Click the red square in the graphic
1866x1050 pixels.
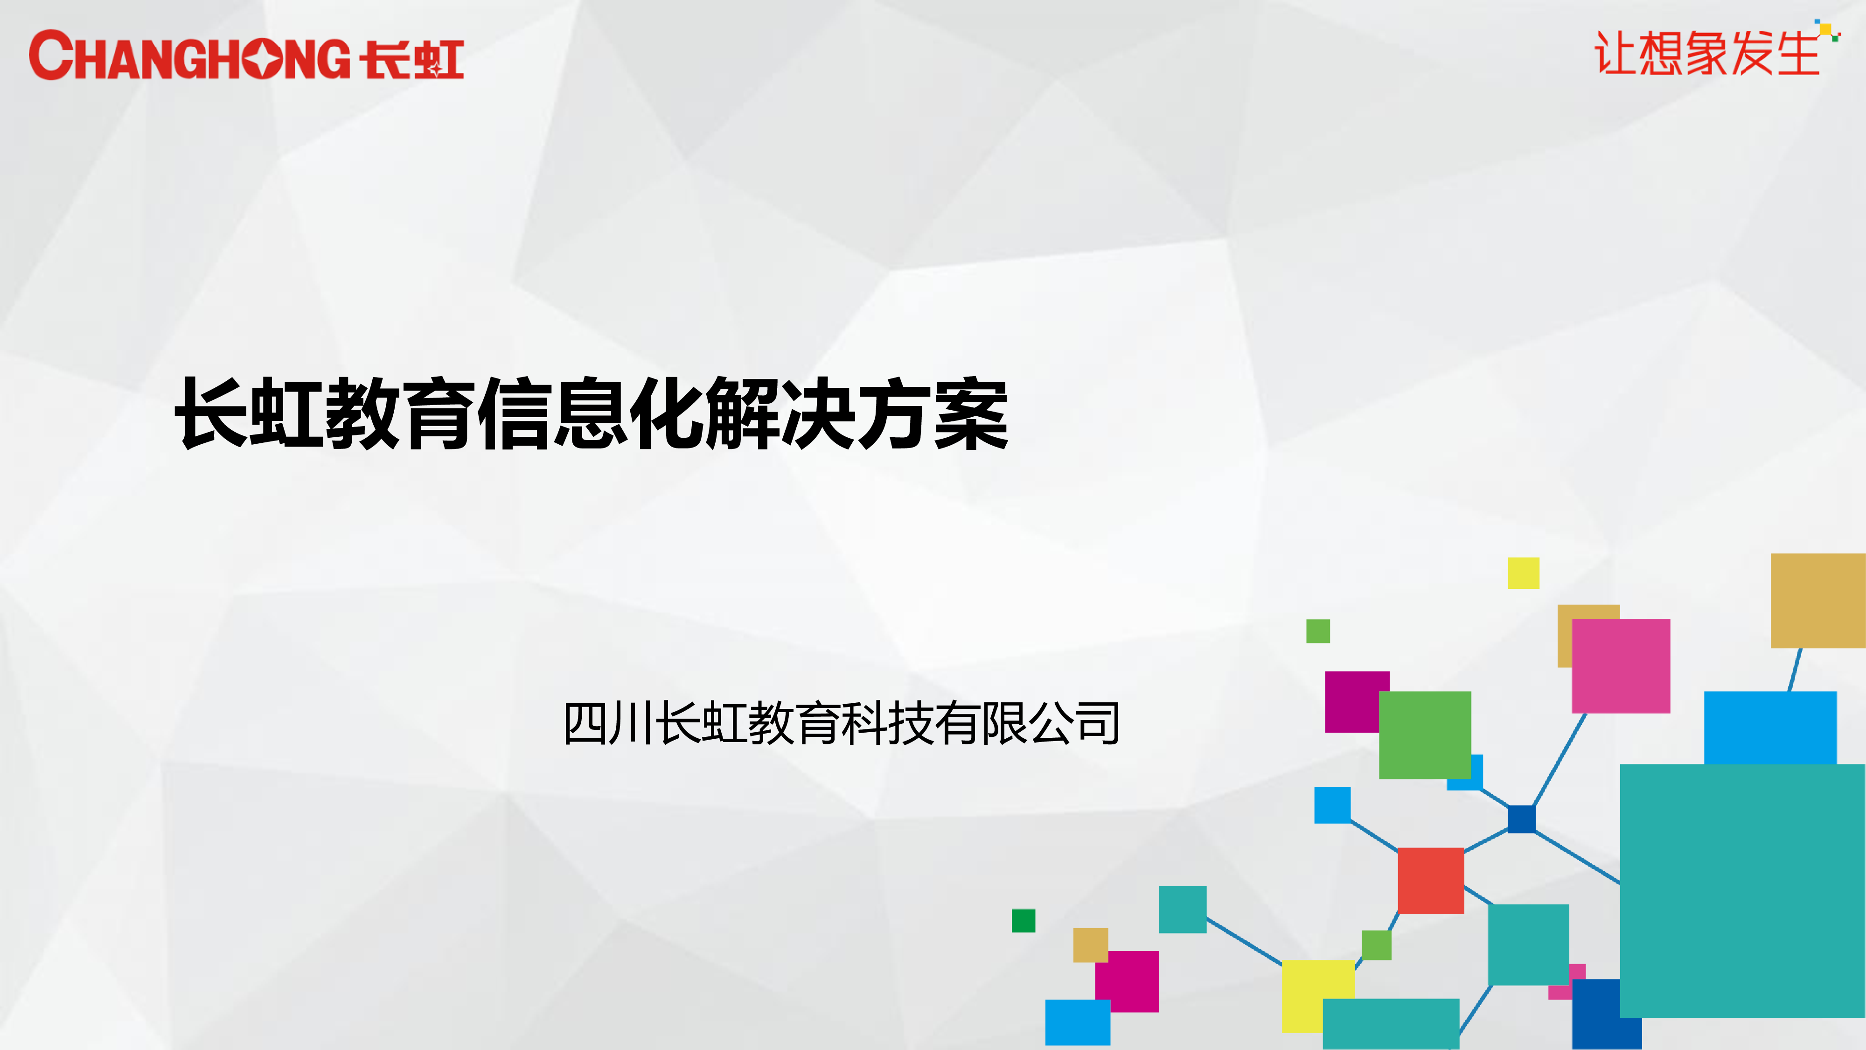[x=1431, y=881]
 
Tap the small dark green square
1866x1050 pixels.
[x=1024, y=920]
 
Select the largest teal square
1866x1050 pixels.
[x=1743, y=890]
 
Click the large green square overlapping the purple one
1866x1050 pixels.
[x=1425, y=735]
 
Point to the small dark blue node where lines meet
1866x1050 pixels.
[x=1521, y=819]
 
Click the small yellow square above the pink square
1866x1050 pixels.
[x=1524, y=573]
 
